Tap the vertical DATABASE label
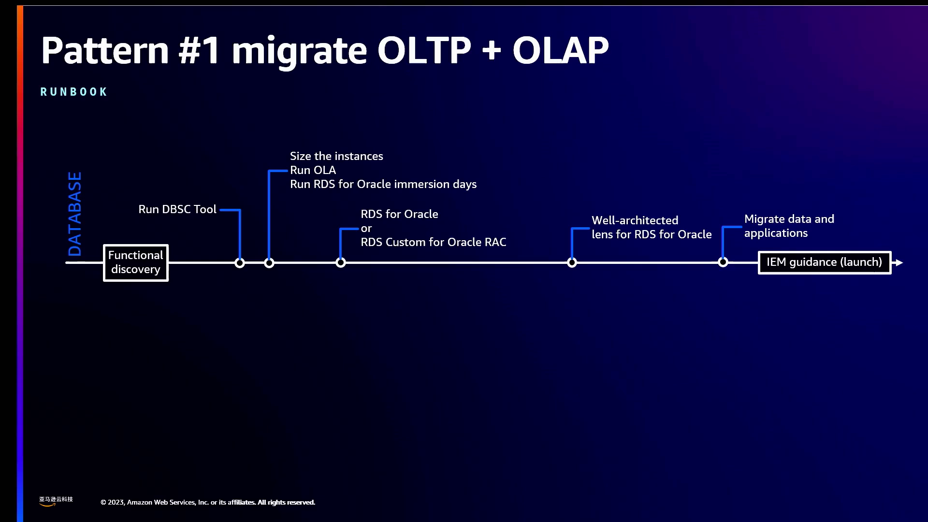point(75,214)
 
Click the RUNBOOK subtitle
point(73,92)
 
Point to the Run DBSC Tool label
point(177,209)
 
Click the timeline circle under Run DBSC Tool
point(240,262)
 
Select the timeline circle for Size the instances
point(269,262)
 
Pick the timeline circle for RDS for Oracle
point(341,262)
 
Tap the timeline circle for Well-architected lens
point(572,262)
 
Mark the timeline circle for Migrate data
point(723,262)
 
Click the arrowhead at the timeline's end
point(899,262)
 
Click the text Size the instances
point(336,156)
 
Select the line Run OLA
point(313,170)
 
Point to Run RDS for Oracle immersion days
point(383,184)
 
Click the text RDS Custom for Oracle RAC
point(434,242)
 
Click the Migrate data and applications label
point(789,226)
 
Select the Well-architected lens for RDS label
point(652,227)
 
